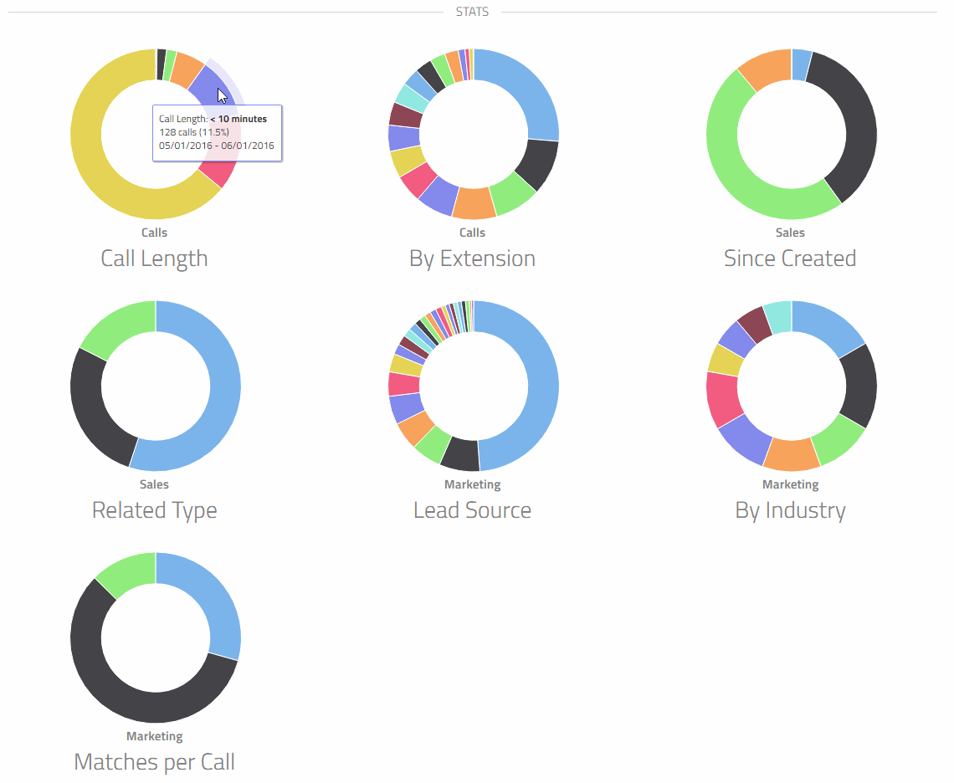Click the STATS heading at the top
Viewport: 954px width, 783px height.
472,12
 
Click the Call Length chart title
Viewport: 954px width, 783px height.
154,258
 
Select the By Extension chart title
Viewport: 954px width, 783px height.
472,258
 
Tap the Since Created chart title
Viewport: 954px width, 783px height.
790,258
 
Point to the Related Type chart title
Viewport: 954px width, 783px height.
154,510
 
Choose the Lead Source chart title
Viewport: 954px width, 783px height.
472,510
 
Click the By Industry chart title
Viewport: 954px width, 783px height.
790,510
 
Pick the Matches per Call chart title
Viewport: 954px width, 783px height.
154,762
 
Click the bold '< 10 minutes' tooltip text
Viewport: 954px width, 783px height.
238,119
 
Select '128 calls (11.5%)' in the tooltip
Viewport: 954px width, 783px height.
194,132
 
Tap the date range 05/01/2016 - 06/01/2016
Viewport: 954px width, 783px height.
216,146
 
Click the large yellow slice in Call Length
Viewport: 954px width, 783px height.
92,167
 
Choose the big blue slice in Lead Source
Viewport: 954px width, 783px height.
536,393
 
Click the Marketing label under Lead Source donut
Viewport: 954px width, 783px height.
472,484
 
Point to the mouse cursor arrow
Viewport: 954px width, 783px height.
221,95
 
